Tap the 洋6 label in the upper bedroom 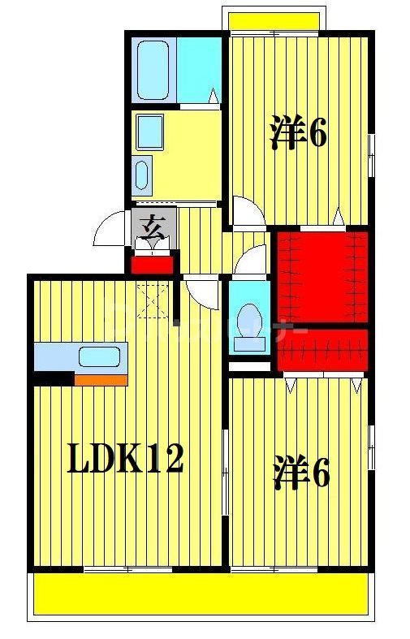pos(299,134)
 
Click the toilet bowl pos(247,317)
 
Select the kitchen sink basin pos(97,356)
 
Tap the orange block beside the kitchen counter pos(101,379)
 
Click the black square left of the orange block pos(54,379)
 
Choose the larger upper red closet pos(321,276)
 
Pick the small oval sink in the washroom pos(142,174)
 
